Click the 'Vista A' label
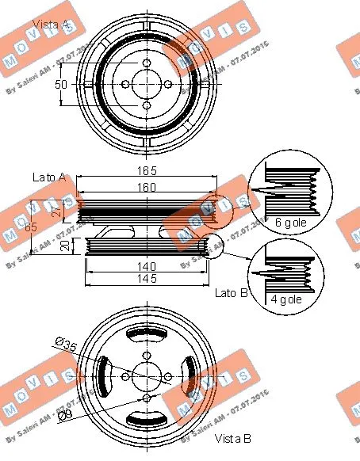pyautogui.click(x=51, y=25)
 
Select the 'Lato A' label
pyautogui.click(x=49, y=177)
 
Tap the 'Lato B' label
pyautogui.click(x=232, y=293)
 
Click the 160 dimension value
pyautogui.click(x=146, y=187)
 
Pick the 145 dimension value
pyautogui.click(x=146, y=279)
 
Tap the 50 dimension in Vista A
pyautogui.click(x=61, y=84)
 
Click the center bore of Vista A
pyautogui.click(x=146, y=83)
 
